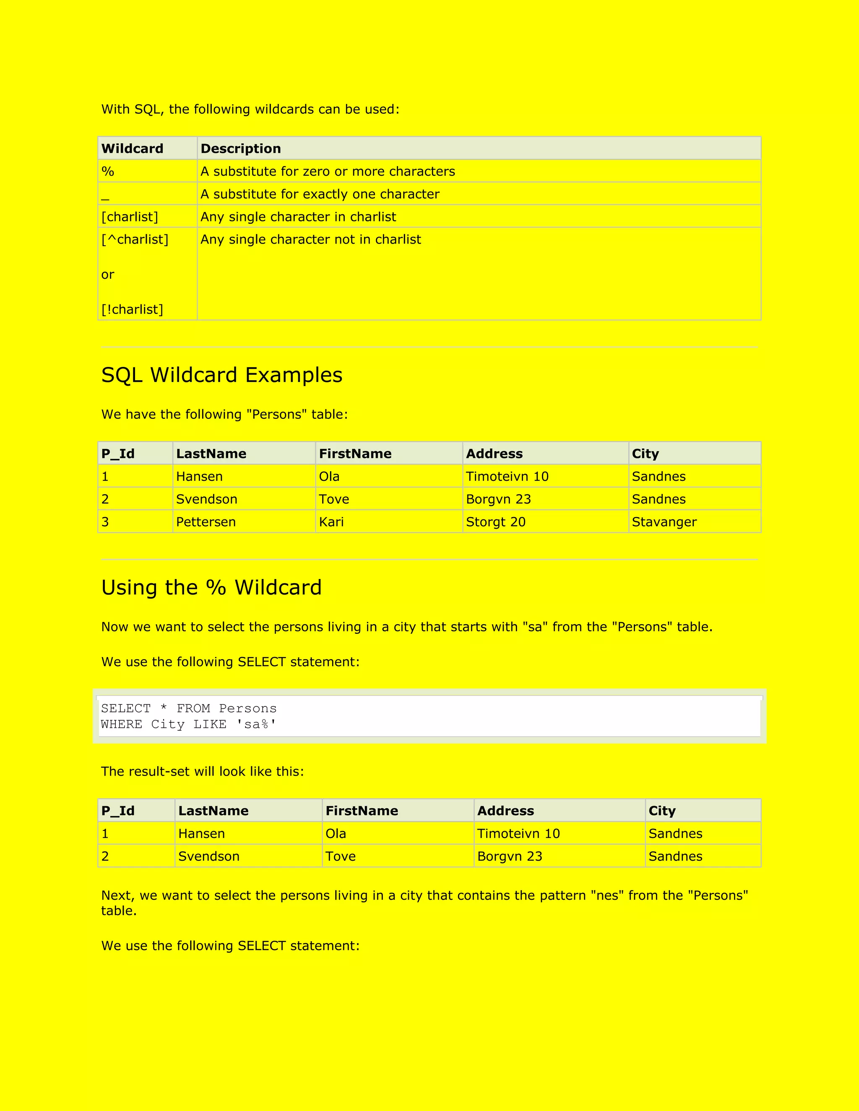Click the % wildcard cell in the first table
pos(108,171)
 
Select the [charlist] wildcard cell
pos(130,217)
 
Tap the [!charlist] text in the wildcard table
pos(132,309)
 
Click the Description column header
pos(241,148)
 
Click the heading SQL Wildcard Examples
pos(222,375)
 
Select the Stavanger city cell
pos(664,522)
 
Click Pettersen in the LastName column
pos(206,522)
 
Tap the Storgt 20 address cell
pos(496,522)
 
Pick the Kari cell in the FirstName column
pos(331,522)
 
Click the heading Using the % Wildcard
pos(211,587)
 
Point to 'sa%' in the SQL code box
pos(256,724)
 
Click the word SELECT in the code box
pos(126,709)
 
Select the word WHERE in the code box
pos(122,724)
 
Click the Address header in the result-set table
pos(505,811)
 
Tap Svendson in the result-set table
pos(208,856)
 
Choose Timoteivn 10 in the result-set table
pos(518,834)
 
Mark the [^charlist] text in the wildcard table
pos(135,239)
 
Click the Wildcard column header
pos(132,148)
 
